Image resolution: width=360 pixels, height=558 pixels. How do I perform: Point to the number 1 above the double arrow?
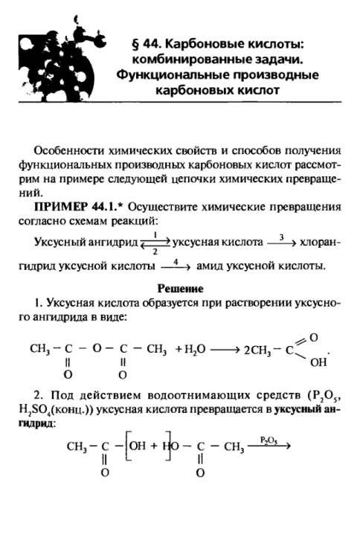tap(155, 234)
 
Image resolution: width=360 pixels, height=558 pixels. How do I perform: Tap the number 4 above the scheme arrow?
tap(176, 260)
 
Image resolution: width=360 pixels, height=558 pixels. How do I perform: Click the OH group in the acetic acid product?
tap(316, 363)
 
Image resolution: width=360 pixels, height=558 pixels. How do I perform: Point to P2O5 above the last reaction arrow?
tap(269, 440)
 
